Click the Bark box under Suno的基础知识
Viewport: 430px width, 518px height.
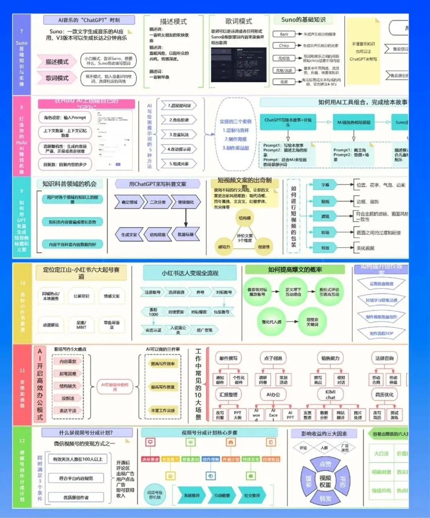284,34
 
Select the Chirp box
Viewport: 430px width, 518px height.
284,46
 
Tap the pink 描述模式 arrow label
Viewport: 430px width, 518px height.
57,62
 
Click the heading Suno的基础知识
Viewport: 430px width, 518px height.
303,19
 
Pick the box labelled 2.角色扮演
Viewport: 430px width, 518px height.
179,120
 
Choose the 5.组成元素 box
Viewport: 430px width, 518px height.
179,164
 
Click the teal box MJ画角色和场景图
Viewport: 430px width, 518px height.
354,122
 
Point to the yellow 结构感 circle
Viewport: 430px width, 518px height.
245,218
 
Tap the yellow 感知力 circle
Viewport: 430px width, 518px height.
224,247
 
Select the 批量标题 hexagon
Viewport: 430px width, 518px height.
186,234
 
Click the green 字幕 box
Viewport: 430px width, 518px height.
325,185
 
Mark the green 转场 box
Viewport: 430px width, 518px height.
325,232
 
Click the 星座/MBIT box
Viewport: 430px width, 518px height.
81,325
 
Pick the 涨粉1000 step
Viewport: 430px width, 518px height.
153,312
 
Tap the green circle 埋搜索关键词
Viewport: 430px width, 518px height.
312,322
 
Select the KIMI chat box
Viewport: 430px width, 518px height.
330,394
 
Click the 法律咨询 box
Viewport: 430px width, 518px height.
384,358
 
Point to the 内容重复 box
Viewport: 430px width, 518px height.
68,361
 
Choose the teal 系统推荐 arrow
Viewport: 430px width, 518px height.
192,495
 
